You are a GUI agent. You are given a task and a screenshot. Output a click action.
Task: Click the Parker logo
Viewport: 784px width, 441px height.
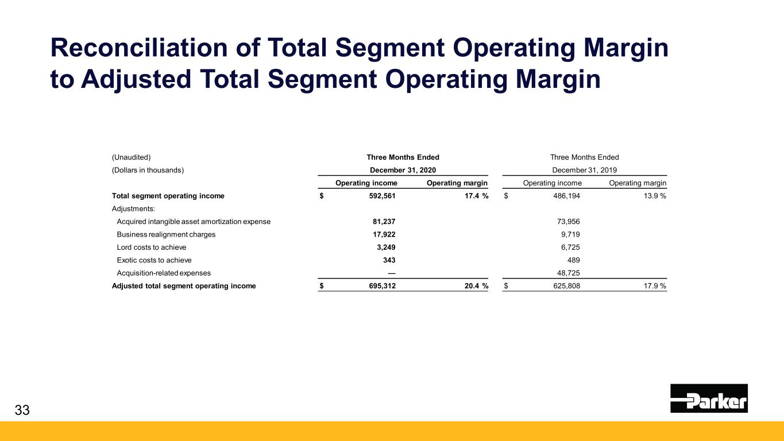709,398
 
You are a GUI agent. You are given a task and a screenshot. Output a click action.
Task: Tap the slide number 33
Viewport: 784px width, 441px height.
22,410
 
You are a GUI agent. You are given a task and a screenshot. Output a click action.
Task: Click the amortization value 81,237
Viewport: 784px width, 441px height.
384,221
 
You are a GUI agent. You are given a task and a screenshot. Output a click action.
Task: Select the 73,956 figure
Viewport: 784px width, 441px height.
567,221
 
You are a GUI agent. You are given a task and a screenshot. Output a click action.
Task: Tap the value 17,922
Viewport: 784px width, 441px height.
384,234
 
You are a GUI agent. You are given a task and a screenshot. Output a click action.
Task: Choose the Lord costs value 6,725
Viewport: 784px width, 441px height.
570,247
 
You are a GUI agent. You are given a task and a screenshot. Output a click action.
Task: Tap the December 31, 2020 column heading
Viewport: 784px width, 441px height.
403,170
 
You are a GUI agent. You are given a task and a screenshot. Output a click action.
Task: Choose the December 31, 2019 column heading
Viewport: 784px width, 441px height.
584,170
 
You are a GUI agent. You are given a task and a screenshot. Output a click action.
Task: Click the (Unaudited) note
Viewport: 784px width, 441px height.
131,157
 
